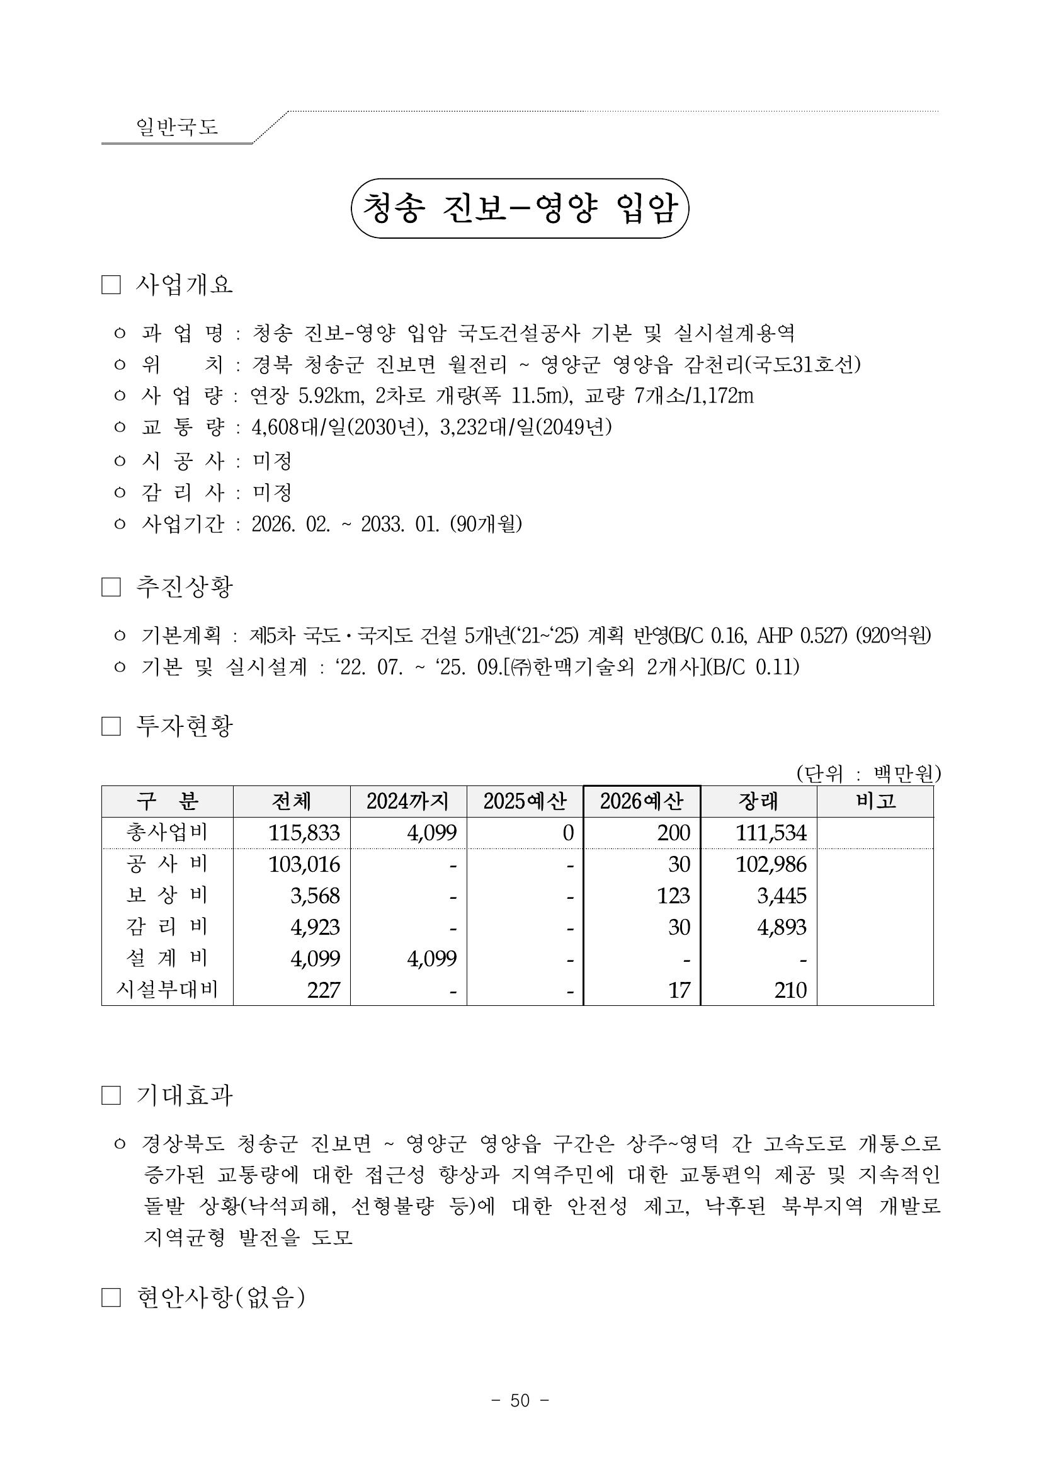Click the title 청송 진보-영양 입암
[x=520, y=208]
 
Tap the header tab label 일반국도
[x=177, y=126]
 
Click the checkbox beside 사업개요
[x=111, y=285]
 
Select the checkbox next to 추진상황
[x=111, y=587]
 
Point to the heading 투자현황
[x=185, y=726]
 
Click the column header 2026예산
[x=642, y=801]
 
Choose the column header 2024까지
[x=407, y=801]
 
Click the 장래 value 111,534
[x=771, y=833]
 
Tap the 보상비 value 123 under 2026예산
[x=673, y=896]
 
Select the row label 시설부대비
[x=167, y=990]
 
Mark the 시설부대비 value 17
[x=679, y=990]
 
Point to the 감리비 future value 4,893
[x=782, y=927]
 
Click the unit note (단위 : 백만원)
[x=868, y=774]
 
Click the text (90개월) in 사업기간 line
[x=486, y=525]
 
